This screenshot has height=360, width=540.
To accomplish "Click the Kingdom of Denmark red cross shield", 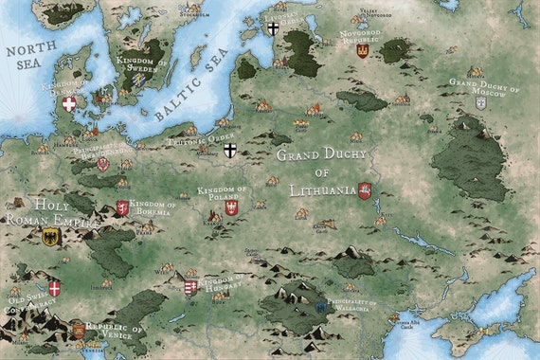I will (68, 104).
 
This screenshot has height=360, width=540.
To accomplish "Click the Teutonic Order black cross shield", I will (229, 151).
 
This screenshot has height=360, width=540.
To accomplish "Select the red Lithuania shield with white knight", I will (364, 190).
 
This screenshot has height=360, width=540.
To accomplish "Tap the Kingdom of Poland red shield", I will (231, 207).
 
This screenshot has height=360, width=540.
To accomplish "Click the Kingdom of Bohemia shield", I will (122, 208).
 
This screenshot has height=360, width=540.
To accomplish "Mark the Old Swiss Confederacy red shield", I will (54, 288).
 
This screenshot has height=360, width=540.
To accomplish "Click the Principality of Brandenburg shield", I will (102, 164).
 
